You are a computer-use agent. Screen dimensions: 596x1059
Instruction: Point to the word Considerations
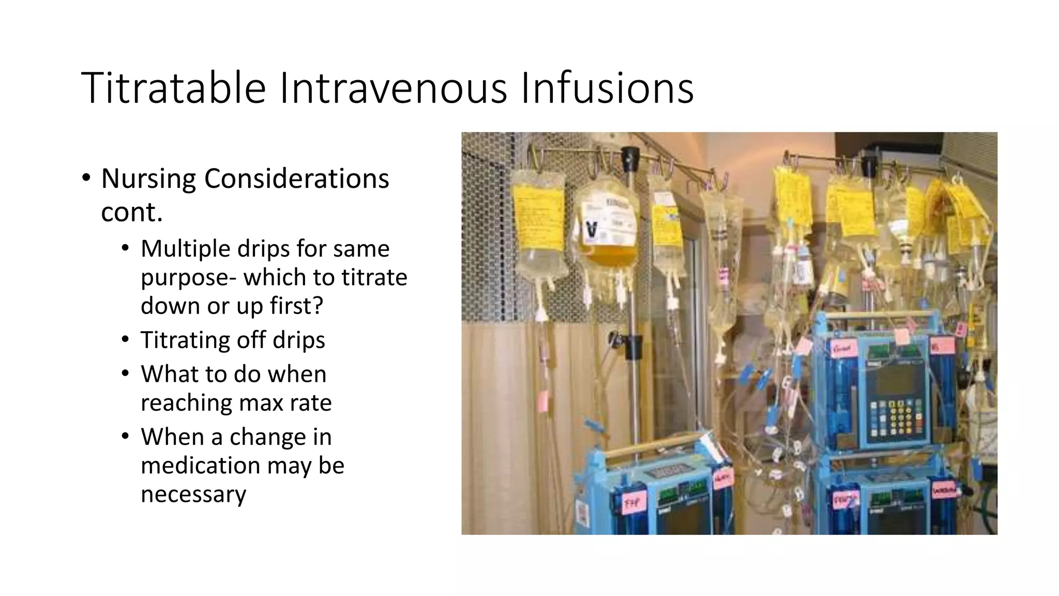point(296,179)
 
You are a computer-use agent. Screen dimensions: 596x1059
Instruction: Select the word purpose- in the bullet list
point(188,278)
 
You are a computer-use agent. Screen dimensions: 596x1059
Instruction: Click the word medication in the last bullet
point(200,465)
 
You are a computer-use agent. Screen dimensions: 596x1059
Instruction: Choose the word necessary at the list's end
point(193,494)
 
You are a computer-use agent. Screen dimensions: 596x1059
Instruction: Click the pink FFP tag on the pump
point(632,502)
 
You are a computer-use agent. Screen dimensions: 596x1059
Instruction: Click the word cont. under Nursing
point(132,212)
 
